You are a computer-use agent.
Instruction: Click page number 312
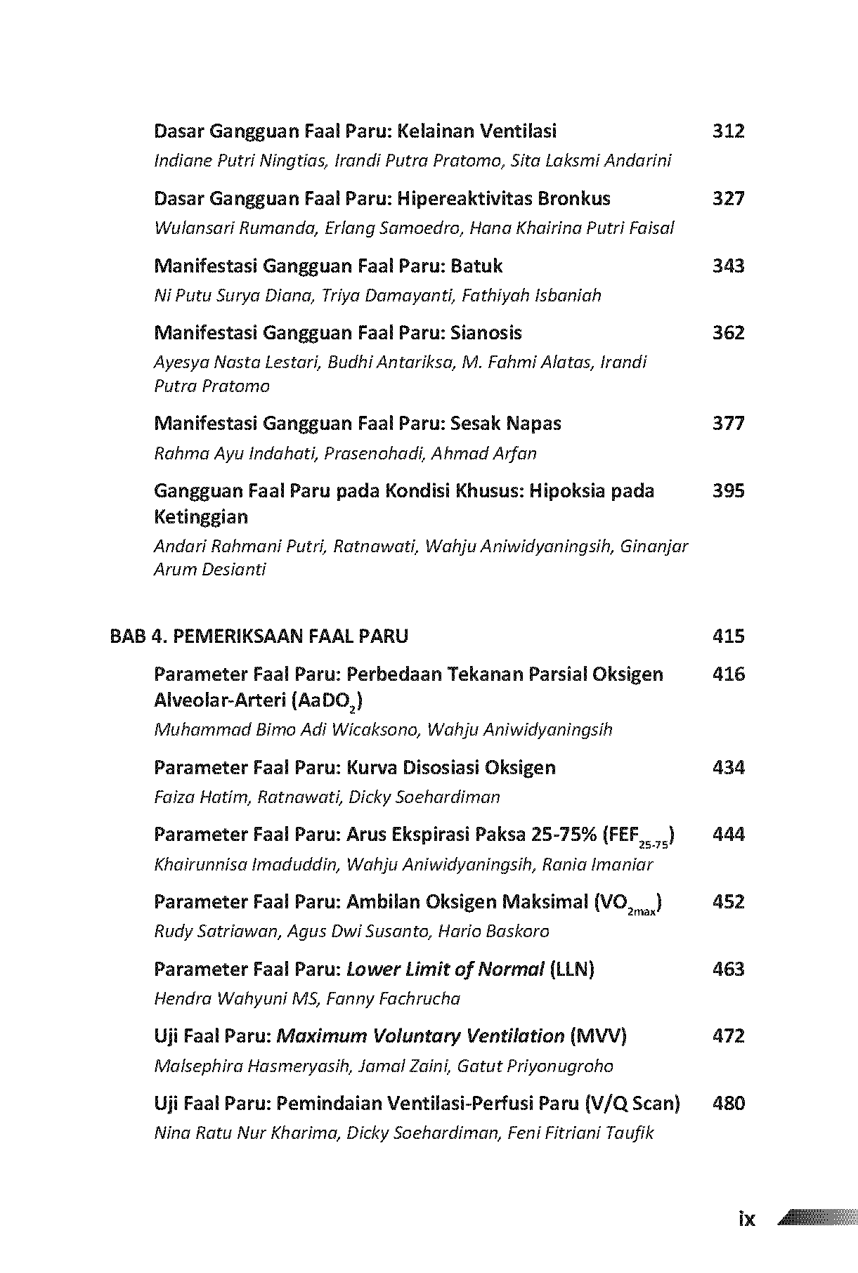click(x=728, y=131)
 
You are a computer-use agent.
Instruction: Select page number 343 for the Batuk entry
click(x=728, y=266)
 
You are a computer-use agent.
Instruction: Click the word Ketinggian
click(x=201, y=517)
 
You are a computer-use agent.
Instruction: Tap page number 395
click(x=728, y=490)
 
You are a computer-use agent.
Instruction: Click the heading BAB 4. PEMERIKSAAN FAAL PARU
click(x=259, y=636)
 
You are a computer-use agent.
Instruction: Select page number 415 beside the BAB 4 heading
click(x=728, y=636)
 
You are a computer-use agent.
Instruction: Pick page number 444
click(x=728, y=835)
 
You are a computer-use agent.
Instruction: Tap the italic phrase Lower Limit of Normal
click(x=445, y=970)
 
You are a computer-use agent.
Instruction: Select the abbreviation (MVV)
click(x=598, y=1036)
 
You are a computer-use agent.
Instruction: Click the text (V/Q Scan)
click(x=632, y=1103)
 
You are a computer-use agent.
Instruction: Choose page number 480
click(x=728, y=1103)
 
